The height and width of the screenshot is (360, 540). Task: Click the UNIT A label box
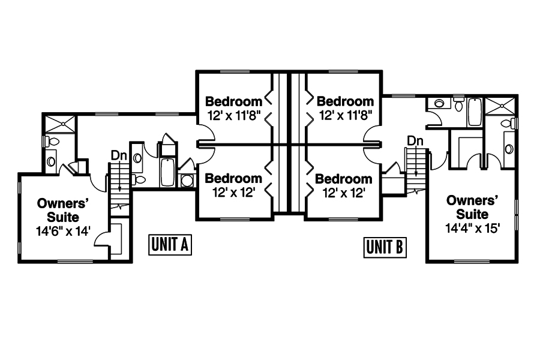[x=170, y=245]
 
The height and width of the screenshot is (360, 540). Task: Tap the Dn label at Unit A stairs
[x=118, y=155]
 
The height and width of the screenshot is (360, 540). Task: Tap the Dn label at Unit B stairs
[x=415, y=140]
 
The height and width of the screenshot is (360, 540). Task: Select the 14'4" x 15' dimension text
[x=472, y=228]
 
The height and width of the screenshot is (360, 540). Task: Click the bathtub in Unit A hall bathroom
[x=166, y=172]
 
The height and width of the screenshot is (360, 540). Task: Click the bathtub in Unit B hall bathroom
[x=474, y=112]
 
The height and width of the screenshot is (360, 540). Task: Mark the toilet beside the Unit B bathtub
[x=459, y=106]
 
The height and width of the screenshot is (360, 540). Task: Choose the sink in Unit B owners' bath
[x=509, y=148]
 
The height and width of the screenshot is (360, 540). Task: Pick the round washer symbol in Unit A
[x=187, y=180]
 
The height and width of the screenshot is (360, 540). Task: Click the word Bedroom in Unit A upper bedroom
[x=233, y=101]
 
